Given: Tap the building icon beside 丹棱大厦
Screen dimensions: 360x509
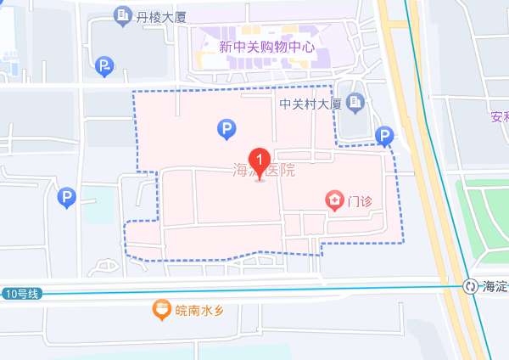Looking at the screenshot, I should (x=122, y=15).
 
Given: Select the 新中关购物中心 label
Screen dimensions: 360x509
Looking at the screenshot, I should (x=266, y=47).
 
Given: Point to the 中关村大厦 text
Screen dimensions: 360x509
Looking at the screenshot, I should (x=310, y=104).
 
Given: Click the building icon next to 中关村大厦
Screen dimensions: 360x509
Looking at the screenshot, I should (x=355, y=104).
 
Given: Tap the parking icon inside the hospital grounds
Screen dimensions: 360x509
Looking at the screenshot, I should (x=227, y=129).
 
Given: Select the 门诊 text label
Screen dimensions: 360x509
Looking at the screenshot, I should (x=361, y=201).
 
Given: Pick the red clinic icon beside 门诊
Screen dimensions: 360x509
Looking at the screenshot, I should (x=336, y=201).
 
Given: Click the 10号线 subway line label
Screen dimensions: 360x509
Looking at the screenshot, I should (x=22, y=294).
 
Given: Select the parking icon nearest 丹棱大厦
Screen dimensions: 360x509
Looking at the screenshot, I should (x=104, y=66).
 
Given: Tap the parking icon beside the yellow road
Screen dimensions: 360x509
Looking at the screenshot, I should (x=385, y=136).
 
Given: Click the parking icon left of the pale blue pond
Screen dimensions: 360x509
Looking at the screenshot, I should (x=67, y=199).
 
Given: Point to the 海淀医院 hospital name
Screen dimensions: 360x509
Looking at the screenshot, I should (x=264, y=170).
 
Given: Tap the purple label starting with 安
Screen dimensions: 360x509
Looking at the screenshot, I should (x=499, y=117).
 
